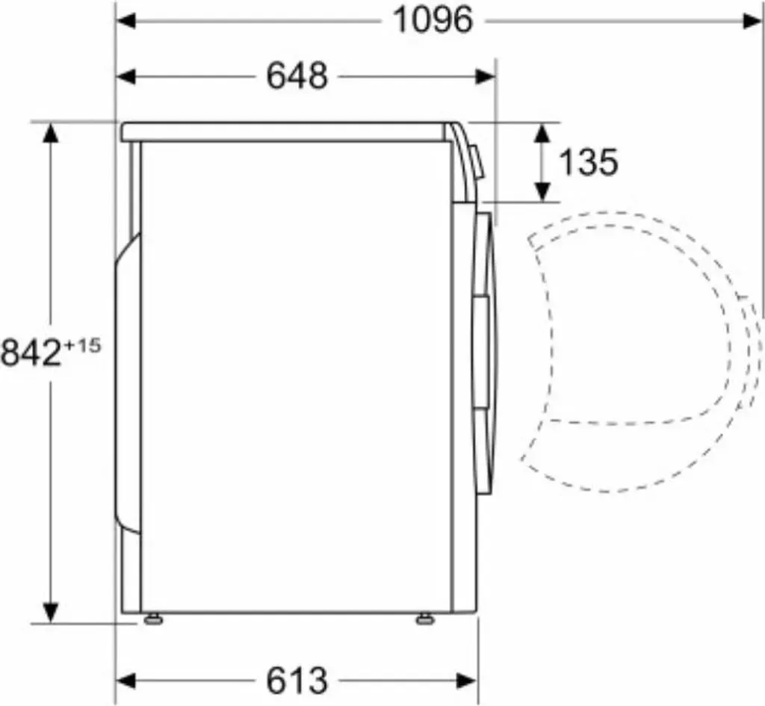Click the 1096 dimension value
coord(433,20)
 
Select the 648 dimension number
coord(297,77)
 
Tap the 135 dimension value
coord(588,162)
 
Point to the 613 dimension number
coord(297,680)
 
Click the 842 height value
coord(31,353)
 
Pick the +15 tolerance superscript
coord(82,346)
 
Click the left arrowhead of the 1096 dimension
coord(126,21)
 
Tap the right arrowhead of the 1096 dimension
coord(752,21)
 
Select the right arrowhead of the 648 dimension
coord(486,77)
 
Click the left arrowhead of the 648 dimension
coord(126,77)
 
